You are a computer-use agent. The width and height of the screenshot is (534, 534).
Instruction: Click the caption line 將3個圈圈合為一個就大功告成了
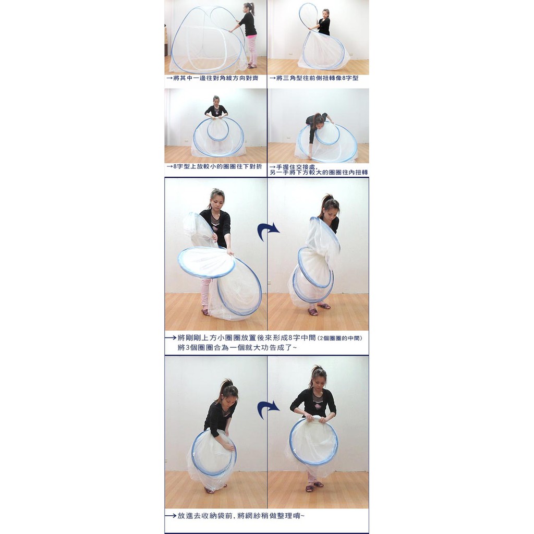pyautogui.click(x=237, y=347)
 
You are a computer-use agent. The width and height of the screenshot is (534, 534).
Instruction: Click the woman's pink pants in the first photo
pyautogui.click(x=251, y=50)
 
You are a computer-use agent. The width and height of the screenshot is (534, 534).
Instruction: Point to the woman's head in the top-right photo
pyautogui.click(x=325, y=14)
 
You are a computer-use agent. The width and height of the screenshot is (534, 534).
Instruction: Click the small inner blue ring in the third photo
pyautogui.click(x=218, y=129)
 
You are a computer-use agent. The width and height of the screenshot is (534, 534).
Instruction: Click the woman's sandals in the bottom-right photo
pyautogui.click(x=314, y=487)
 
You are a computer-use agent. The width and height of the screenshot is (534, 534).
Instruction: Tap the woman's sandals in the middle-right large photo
pyautogui.click(x=319, y=309)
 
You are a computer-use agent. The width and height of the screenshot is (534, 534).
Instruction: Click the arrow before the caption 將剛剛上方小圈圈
pyautogui.click(x=171, y=338)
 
